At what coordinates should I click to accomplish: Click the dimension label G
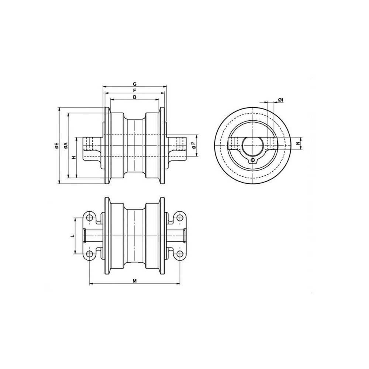pos(135,84)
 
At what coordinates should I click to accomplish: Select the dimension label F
pos(135,90)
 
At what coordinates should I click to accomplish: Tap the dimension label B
pos(135,97)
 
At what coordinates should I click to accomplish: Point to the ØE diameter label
pos(56,146)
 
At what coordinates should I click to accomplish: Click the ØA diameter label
pos(66,146)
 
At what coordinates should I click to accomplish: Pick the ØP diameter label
pos(194,145)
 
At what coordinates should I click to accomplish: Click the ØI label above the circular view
pos(280,100)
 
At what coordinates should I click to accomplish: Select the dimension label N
pos(298,143)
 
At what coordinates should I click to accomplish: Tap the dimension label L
pos(73,236)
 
